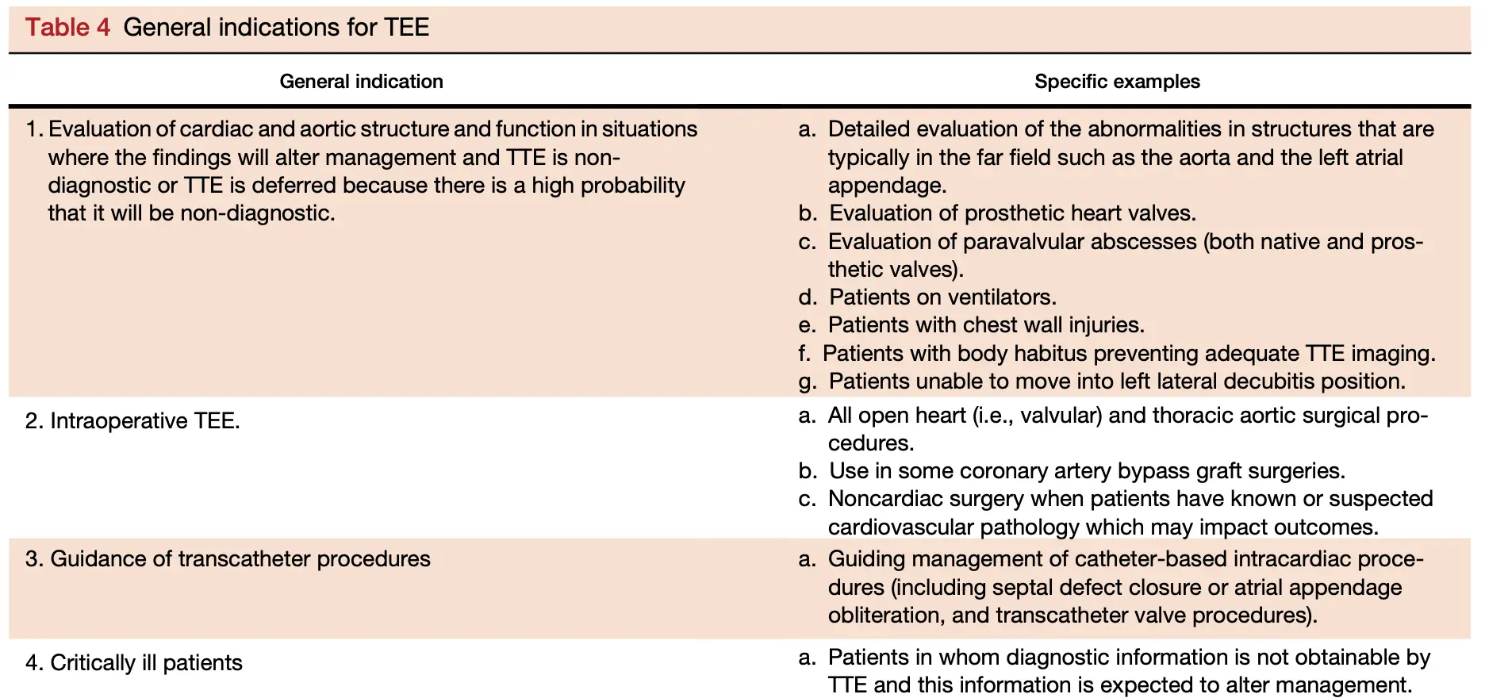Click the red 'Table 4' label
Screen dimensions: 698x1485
[67, 27]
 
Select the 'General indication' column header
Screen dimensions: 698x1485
[361, 81]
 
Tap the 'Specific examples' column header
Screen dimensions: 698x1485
[1116, 81]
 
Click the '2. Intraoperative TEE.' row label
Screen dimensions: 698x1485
[132, 420]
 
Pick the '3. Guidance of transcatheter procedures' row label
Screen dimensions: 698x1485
[228, 558]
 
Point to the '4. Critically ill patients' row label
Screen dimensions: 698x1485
[134, 662]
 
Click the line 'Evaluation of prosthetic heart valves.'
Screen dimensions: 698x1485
[1012, 213]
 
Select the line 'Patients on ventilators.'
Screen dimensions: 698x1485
[942, 297]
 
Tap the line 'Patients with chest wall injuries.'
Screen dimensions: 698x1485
[986, 324]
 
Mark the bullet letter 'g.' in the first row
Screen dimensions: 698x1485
[808, 382]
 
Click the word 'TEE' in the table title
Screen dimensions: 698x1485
[406, 27]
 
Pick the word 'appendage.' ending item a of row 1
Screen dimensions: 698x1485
[887, 185]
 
